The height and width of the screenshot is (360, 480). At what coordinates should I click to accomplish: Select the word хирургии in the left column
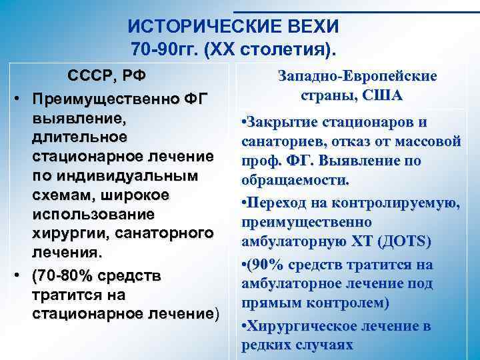71,234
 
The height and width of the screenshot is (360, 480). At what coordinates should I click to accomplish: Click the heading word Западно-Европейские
357,77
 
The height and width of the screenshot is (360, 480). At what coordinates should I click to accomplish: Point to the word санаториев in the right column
277,142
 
